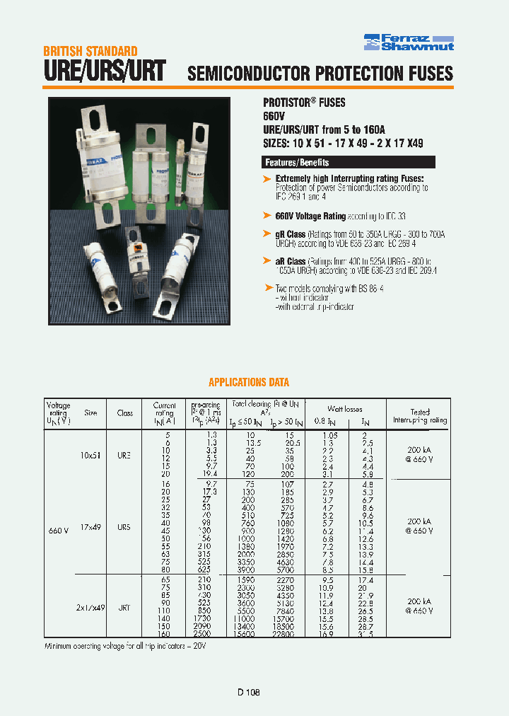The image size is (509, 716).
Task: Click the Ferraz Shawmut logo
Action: [x=409, y=42]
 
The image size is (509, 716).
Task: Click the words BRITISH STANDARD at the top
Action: [x=90, y=51]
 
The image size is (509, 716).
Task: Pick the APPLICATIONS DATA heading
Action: [x=248, y=382]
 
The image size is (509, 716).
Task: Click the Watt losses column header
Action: [x=344, y=409]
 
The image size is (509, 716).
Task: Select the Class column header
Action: [x=125, y=412]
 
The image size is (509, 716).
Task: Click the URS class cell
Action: [x=124, y=527]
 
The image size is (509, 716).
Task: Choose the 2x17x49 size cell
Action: [x=91, y=607]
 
